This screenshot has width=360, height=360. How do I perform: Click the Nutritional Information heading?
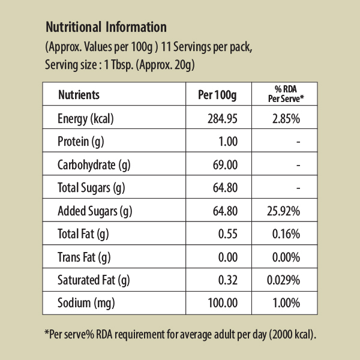pyautogui.click(x=106, y=28)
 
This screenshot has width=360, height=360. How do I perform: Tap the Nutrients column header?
pyautogui.click(x=79, y=95)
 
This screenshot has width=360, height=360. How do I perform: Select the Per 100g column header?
pyautogui.click(x=218, y=95)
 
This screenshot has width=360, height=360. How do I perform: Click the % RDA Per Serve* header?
pyautogui.click(x=286, y=94)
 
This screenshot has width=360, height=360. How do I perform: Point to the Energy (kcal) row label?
pyautogui.click(x=86, y=119)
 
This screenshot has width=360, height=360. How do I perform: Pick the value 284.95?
pyautogui.click(x=223, y=119)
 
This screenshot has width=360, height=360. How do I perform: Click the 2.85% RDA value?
pyautogui.click(x=286, y=119)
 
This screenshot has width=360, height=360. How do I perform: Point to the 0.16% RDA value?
pyautogui.click(x=286, y=234)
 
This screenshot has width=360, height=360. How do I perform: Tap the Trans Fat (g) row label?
pyautogui.click(x=84, y=257)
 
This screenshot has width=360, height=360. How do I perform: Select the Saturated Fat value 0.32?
pyautogui.click(x=229, y=280)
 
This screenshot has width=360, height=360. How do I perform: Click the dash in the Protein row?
pyautogui.click(x=298, y=142)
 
